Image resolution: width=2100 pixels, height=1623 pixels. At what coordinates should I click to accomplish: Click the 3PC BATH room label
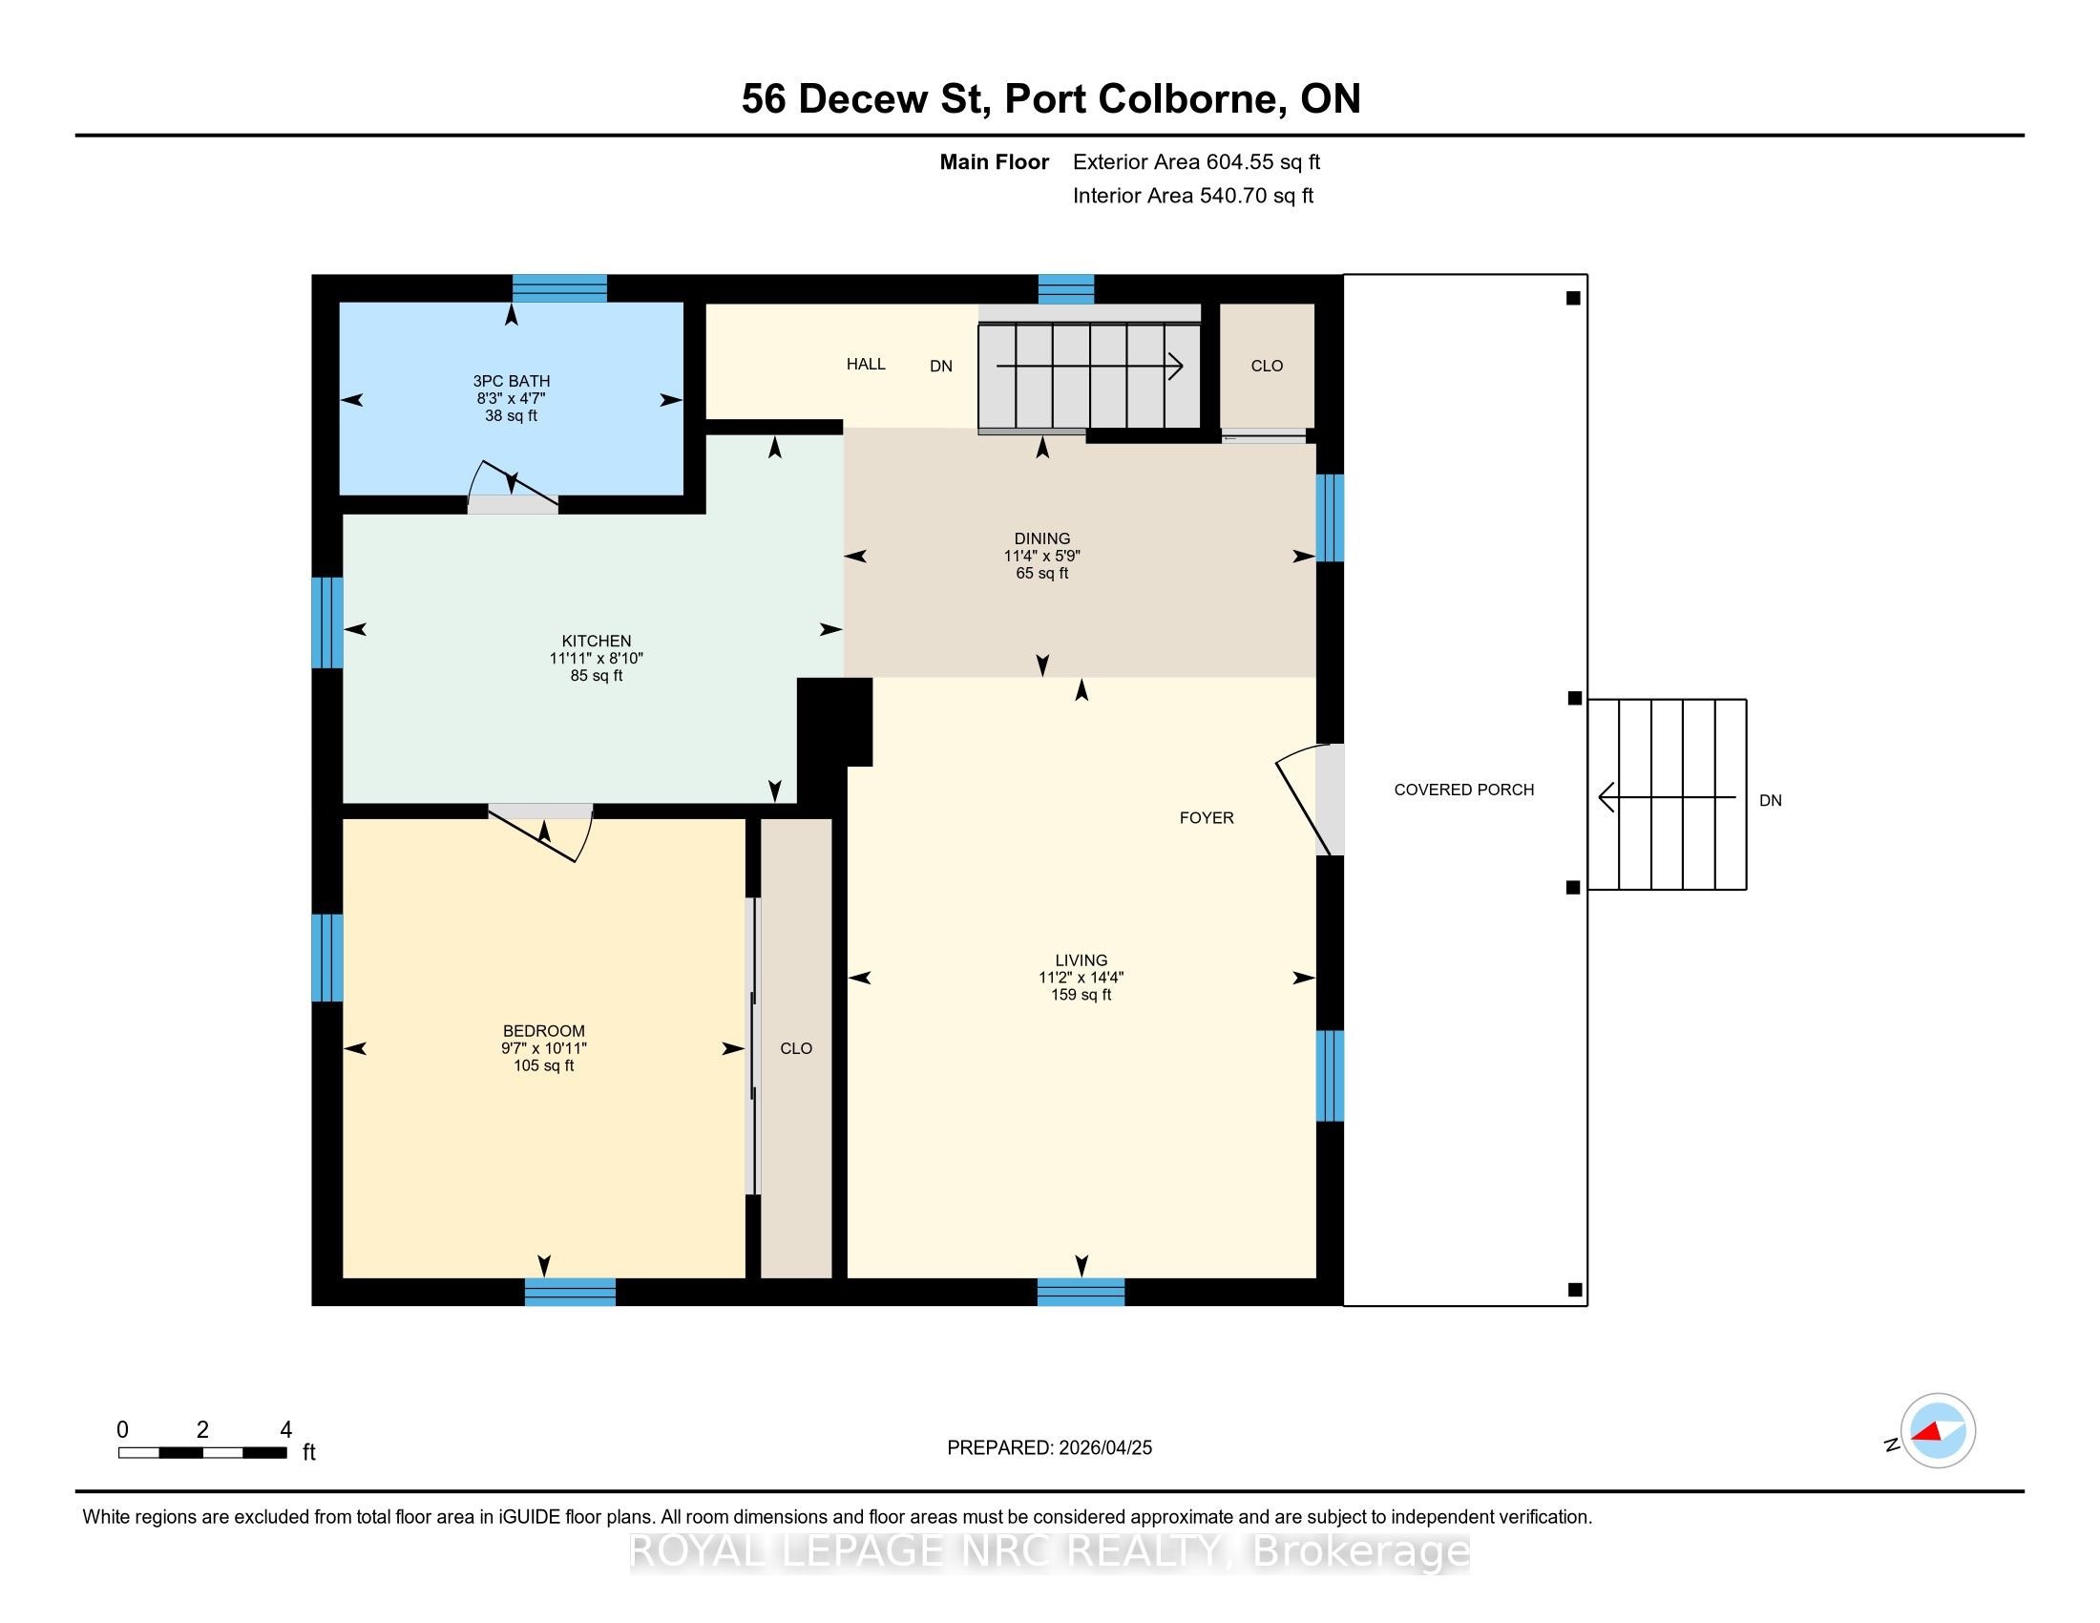(512, 381)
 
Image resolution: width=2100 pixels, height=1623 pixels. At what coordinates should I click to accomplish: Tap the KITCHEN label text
(597, 642)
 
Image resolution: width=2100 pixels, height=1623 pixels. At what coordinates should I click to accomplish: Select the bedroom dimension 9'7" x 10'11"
(544, 1048)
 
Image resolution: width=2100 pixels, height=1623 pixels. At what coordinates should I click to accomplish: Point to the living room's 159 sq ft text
(1081, 994)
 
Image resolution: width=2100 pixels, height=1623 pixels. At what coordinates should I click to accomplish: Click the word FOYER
(1207, 817)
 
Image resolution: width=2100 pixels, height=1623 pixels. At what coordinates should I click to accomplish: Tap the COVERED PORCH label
(1464, 790)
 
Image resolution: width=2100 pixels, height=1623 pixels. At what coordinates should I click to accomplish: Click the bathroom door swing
(513, 486)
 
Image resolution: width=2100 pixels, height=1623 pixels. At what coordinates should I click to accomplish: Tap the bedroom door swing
(541, 832)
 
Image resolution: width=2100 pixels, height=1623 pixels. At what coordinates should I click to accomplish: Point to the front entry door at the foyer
(1308, 800)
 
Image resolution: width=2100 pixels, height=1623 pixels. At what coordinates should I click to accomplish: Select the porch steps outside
(1667, 794)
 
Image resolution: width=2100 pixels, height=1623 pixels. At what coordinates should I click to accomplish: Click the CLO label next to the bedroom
(796, 1048)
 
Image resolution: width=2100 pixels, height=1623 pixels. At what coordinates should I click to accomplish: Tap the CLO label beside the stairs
(1268, 366)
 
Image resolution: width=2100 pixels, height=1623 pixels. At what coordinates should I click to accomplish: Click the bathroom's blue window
(559, 288)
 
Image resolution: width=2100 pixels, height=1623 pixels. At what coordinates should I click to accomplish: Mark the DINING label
(1042, 538)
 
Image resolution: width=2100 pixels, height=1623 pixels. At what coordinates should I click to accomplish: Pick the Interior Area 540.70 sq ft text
(1193, 195)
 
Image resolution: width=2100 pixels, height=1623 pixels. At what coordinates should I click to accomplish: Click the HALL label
(867, 364)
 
